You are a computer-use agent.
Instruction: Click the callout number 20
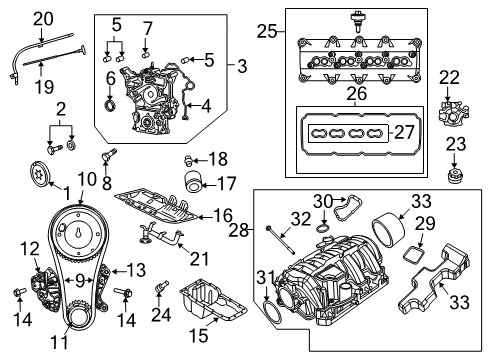pyautogui.click(x=42, y=17)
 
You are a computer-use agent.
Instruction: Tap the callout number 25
pyautogui.click(x=265, y=32)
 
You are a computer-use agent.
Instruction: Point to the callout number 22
pyautogui.click(x=450, y=76)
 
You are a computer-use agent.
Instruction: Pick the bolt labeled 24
pyautogui.click(x=158, y=290)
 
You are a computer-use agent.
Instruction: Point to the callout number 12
pyautogui.click(x=31, y=247)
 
